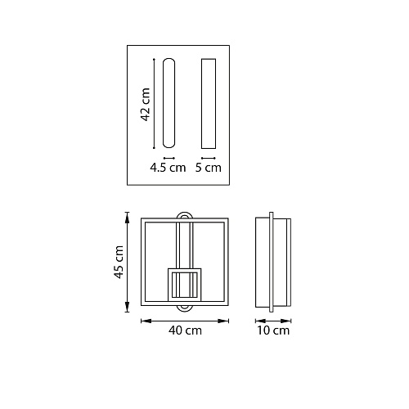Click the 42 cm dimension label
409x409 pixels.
(146, 105)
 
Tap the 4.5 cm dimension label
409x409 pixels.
(168, 168)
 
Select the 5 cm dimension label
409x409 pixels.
(209, 168)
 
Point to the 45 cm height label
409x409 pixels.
(119, 262)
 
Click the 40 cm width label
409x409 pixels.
(185, 330)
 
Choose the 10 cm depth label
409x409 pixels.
(273, 330)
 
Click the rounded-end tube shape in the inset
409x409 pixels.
(169, 103)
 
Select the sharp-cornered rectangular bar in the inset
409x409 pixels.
(209, 104)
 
